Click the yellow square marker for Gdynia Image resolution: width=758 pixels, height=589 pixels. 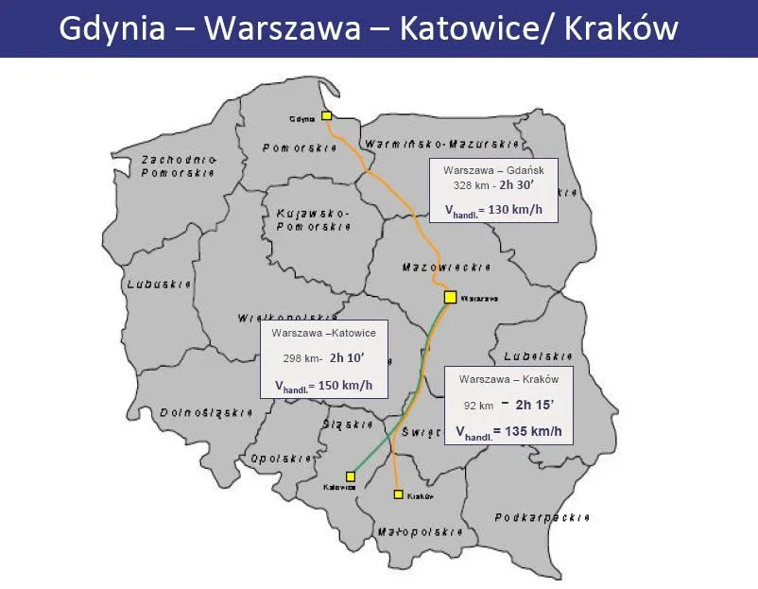pos(326,115)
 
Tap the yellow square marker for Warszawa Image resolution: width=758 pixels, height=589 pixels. pos(450,297)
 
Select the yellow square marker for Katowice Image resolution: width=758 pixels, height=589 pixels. pos(351,476)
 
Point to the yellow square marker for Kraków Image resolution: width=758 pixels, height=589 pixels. pos(399,494)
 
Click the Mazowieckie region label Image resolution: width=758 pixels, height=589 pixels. pos(437,268)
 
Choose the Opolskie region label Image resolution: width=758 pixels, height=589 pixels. pos(282,459)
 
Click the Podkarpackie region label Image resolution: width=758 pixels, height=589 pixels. pos(543,518)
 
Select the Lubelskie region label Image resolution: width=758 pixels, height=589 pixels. pos(538,356)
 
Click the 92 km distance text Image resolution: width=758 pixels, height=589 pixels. pos(479,405)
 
